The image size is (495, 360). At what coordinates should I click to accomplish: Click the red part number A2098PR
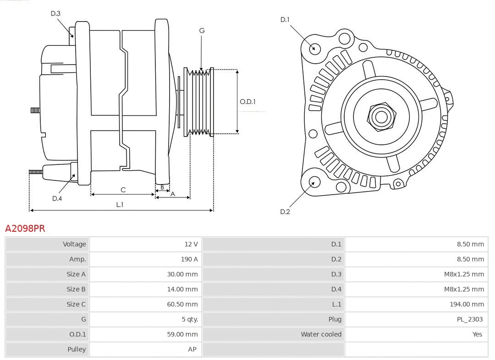click(25, 228)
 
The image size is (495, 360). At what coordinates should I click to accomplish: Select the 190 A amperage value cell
click(189, 259)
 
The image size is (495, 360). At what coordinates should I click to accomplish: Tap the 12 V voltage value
click(191, 244)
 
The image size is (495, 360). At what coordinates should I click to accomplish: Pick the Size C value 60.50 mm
click(182, 304)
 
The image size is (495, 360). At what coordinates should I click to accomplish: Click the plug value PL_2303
click(469, 319)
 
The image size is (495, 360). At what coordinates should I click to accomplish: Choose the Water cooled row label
click(321, 334)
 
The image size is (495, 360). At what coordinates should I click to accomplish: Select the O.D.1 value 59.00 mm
click(182, 334)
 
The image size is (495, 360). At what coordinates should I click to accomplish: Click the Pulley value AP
click(192, 349)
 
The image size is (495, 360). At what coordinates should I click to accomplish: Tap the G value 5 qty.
click(189, 319)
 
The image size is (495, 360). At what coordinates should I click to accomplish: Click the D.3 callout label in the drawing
click(55, 13)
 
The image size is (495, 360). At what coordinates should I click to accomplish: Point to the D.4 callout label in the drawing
click(57, 198)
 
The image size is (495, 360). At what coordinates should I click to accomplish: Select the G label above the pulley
click(202, 31)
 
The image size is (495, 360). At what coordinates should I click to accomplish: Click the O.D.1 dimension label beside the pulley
click(247, 102)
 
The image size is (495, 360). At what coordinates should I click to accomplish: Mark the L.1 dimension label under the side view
click(120, 205)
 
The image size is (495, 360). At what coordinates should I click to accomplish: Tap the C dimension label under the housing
click(123, 190)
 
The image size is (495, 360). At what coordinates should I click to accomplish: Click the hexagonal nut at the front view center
click(381, 116)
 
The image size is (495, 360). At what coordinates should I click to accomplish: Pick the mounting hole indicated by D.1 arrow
click(315, 48)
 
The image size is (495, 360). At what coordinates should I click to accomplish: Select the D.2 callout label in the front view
click(285, 212)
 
